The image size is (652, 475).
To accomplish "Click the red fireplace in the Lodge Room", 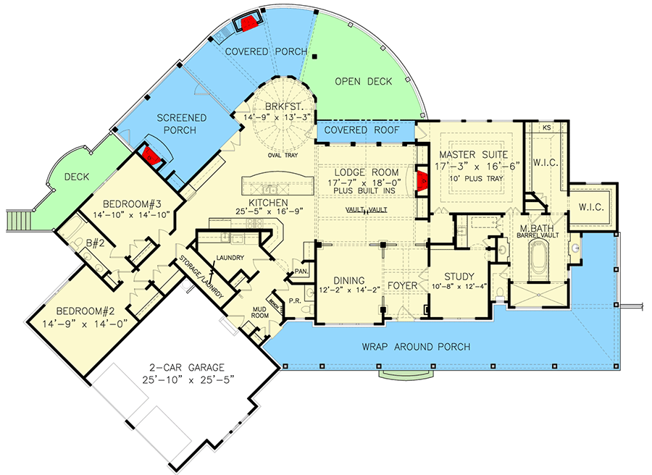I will point(421,178).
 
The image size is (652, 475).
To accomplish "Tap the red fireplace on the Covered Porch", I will point(250,22).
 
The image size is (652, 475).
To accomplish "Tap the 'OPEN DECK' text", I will point(364,82).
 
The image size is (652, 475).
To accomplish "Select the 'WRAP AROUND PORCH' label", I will point(416,347).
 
